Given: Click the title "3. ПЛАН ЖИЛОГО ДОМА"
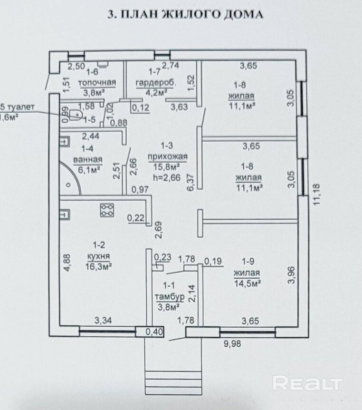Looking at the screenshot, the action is pyautogui.click(x=185, y=15).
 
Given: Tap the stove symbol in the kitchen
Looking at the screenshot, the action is pyautogui.click(x=107, y=210).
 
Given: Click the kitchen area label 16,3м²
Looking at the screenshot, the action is pyautogui.click(x=99, y=267).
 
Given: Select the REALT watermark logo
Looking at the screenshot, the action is pyautogui.click(x=307, y=383).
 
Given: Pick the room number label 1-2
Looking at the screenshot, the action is pyautogui.click(x=99, y=245).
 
